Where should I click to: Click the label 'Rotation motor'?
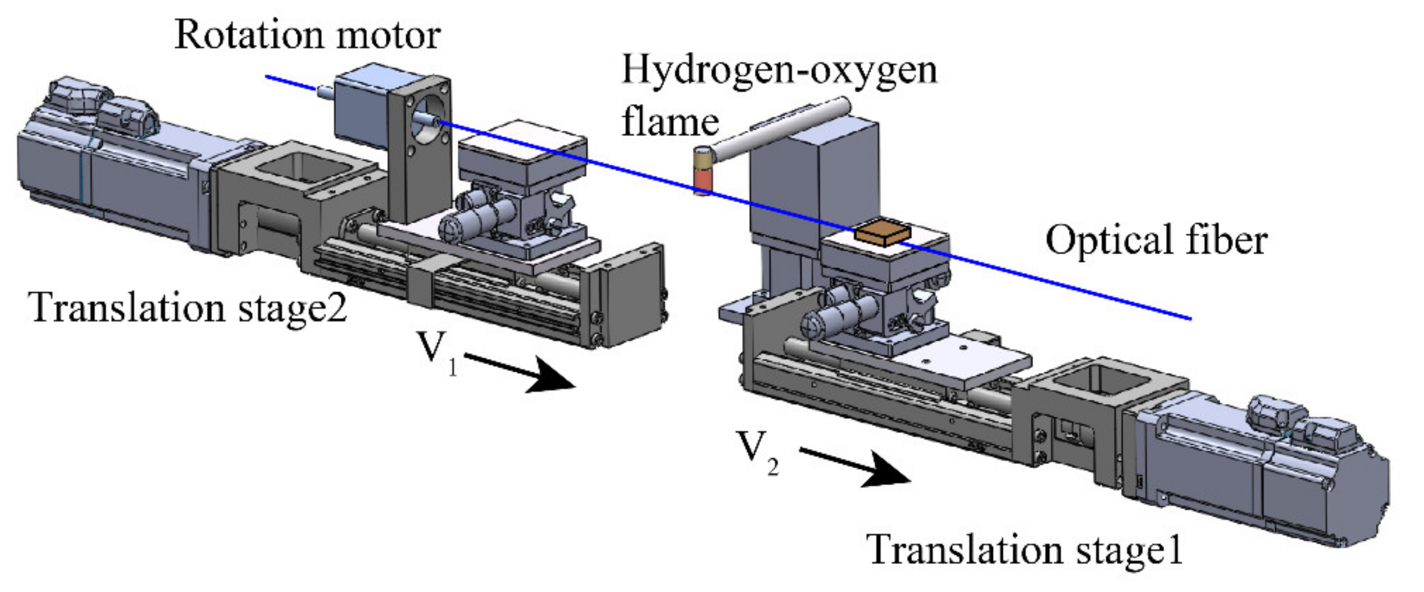pos(307,35)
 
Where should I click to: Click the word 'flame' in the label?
pos(670,123)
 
